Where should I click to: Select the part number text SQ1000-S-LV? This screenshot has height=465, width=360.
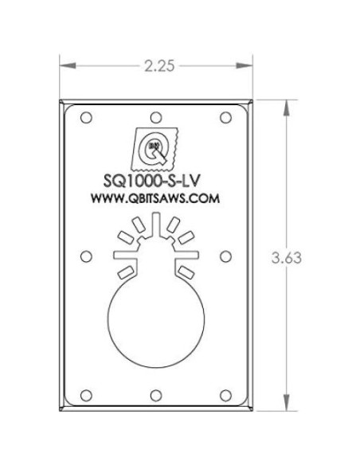(x=156, y=183)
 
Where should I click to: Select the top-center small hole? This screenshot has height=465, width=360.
(x=156, y=116)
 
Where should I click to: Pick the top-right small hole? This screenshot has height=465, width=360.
(x=225, y=116)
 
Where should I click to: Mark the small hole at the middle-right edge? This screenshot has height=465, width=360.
(x=225, y=256)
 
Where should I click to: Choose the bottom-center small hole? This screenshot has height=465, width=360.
(x=156, y=394)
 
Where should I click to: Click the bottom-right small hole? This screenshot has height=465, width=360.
(x=225, y=394)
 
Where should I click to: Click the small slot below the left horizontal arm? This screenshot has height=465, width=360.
(x=124, y=272)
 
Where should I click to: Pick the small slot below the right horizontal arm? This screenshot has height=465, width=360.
(x=187, y=272)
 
